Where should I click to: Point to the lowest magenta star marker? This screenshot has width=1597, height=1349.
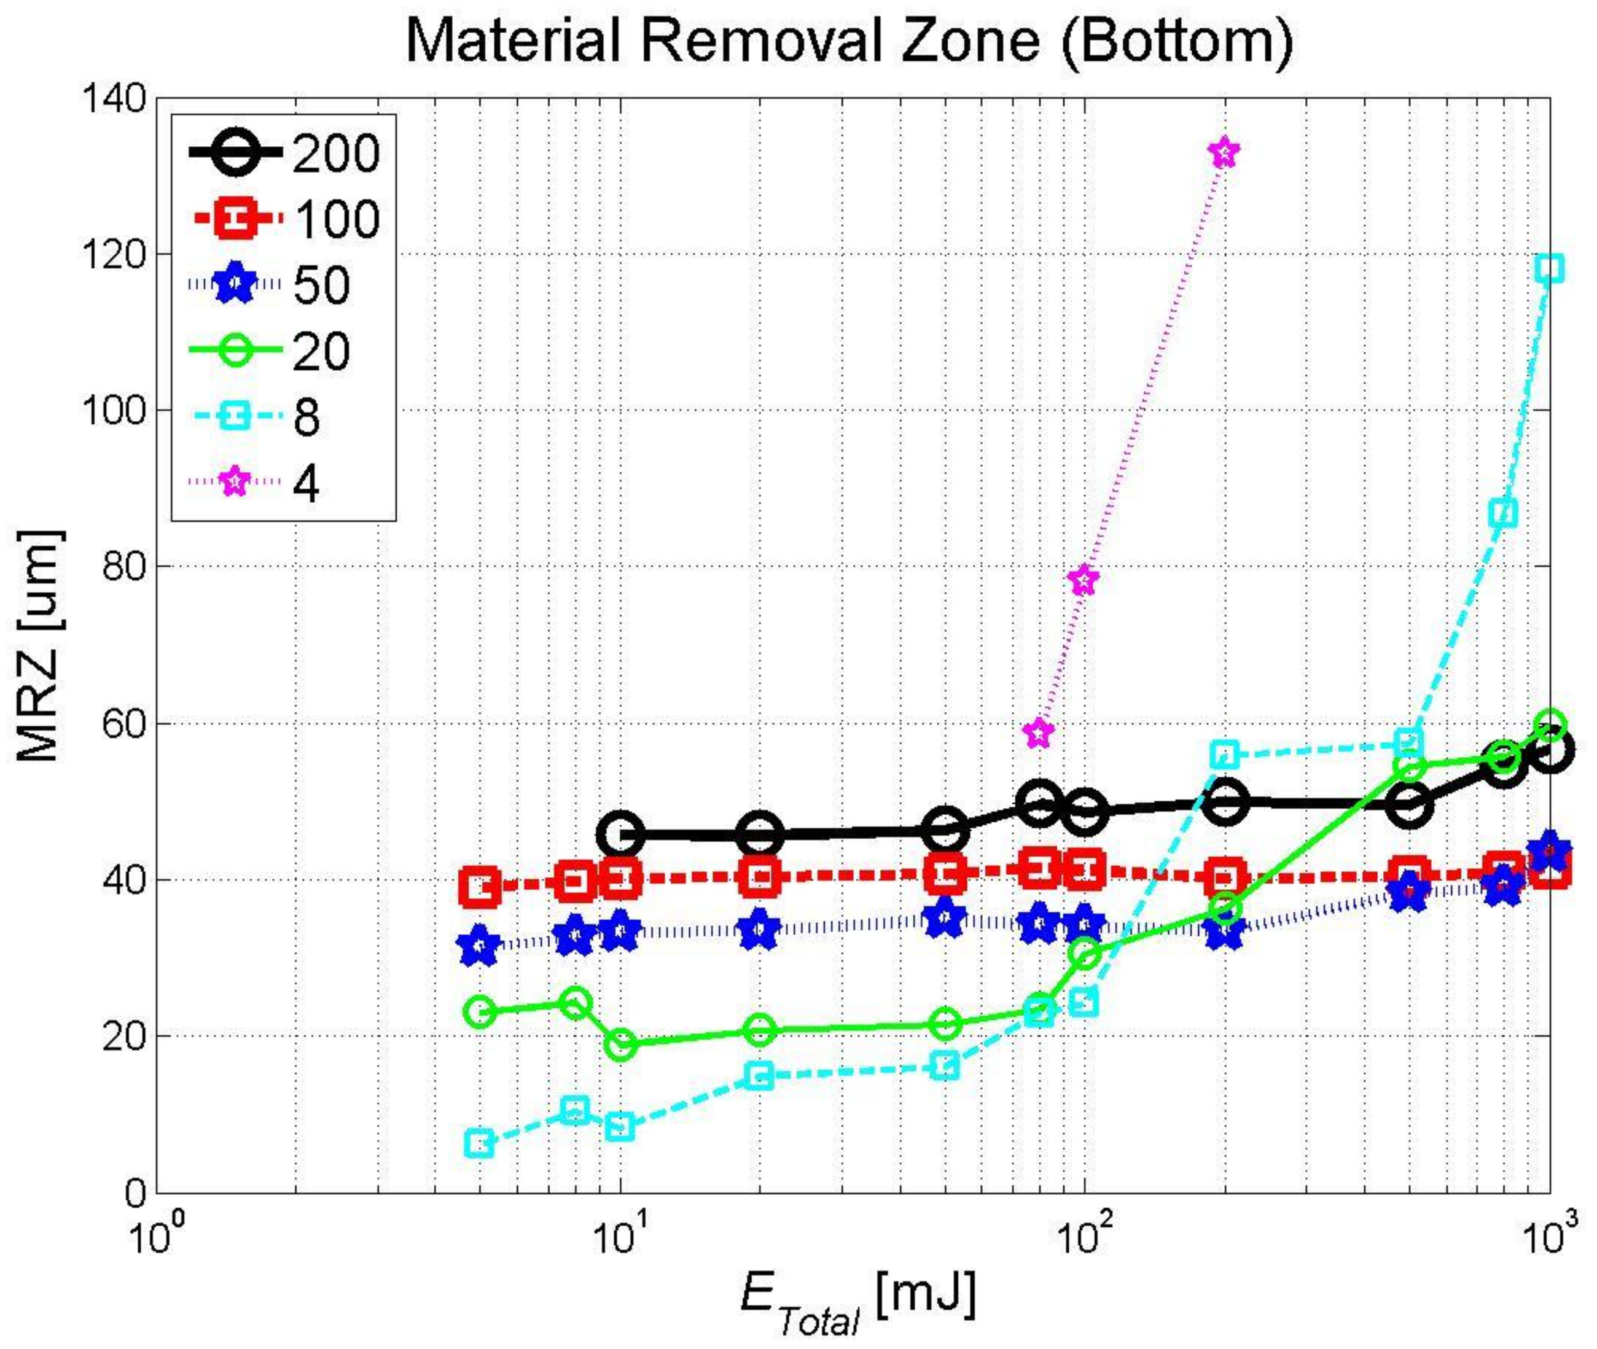click(x=1039, y=733)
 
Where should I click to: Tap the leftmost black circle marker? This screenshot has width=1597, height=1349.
click(x=620, y=834)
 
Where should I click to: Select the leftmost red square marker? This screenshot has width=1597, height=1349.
click(x=480, y=887)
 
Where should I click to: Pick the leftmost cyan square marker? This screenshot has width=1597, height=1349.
click(x=480, y=1144)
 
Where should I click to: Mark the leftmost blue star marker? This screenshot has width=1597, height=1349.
click(x=480, y=946)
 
